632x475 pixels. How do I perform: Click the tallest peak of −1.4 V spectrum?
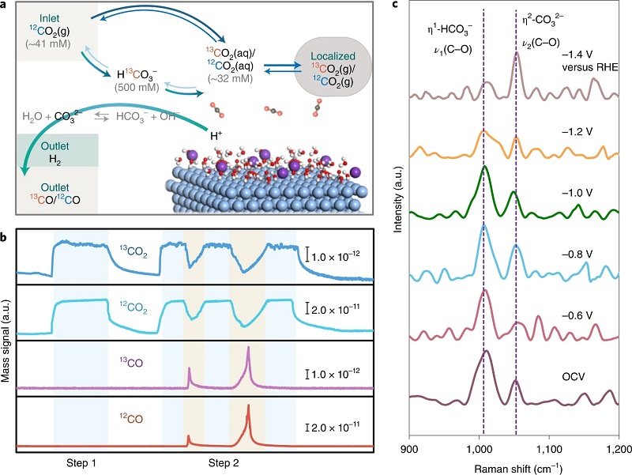coord(517,54)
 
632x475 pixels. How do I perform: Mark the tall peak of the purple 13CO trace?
coord(248,349)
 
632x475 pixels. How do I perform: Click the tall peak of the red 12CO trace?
coord(248,407)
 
